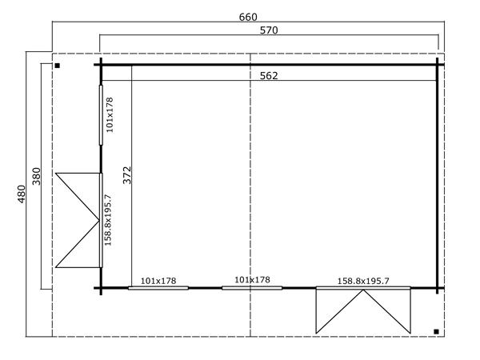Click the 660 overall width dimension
pyautogui.click(x=248, y=17)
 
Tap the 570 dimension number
pyautogui.click(x=269, y=30)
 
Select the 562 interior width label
pyautogui.click(x=269, y=76)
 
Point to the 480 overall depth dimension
pyautogui.click(x=22, y=194)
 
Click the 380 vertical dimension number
pyautogui.click(x=37, y=176)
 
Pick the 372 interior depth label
pyautogui.click(x=126, y=175)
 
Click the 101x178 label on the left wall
pyautogui.click(x=110, y=114)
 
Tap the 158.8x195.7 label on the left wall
pyautogui.click(x=108, y=220)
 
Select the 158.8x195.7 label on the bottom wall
pyautogui.click(x=363, y=281)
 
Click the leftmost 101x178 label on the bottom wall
pyautogui.click(x=158, y=281)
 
